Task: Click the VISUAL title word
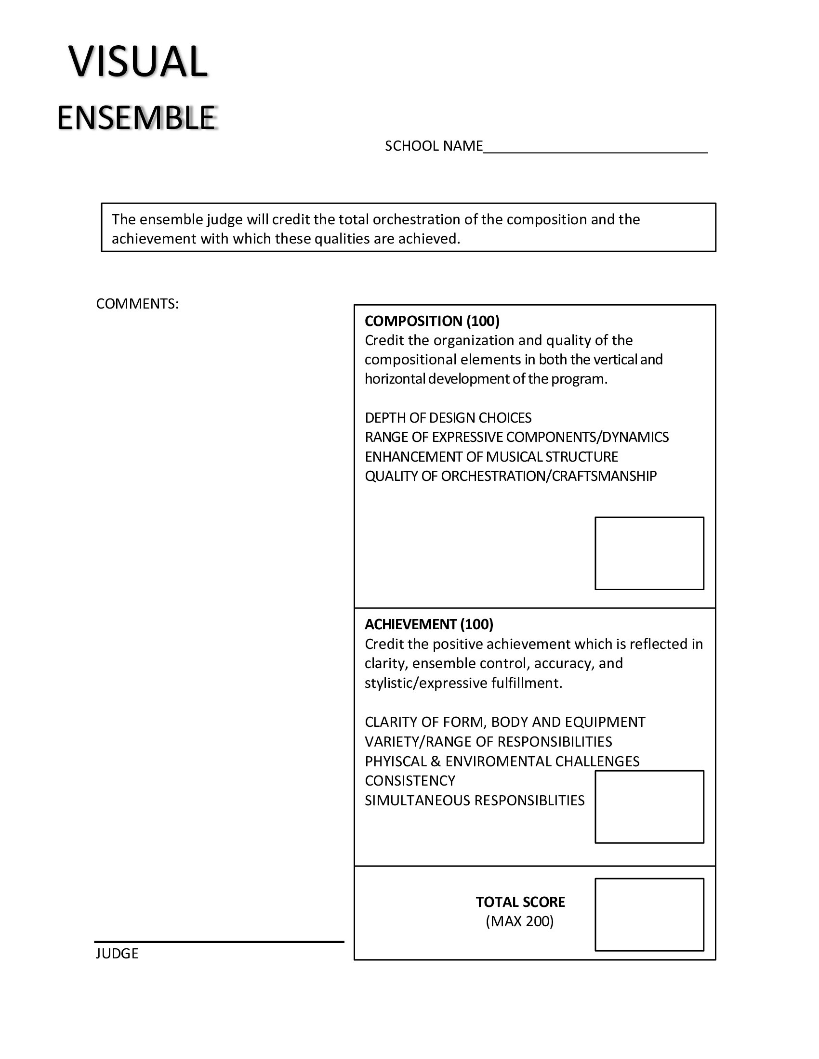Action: (x=138, y=62)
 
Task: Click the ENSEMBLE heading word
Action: (x=136, y=118)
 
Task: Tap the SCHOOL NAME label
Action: (x=433, y=146)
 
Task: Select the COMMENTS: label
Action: (x=137, y=304)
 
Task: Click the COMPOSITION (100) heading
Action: (x=432, y=321)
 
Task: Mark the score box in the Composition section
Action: (x=649, y=553)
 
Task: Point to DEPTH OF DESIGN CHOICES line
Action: (x=448, y=417)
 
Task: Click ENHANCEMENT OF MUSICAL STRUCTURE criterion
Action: (x=491, y=457)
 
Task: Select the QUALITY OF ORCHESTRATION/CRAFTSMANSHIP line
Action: (x=510, y=476)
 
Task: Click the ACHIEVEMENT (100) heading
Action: (x=429, y=624)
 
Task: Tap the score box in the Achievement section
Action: (x=649, y=806)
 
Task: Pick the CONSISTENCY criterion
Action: (x=410, y=781)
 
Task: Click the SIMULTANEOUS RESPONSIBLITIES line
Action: (x=475, y=800)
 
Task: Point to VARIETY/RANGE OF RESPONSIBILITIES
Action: (x=488, y=741)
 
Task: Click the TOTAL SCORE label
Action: (x=520, y=902)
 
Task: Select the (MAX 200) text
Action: (x=520, y=921)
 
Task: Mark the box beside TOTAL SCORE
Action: (x=649, y=915)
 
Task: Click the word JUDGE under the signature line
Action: (x=117, y=954)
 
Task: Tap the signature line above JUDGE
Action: (x=219, y=942)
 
